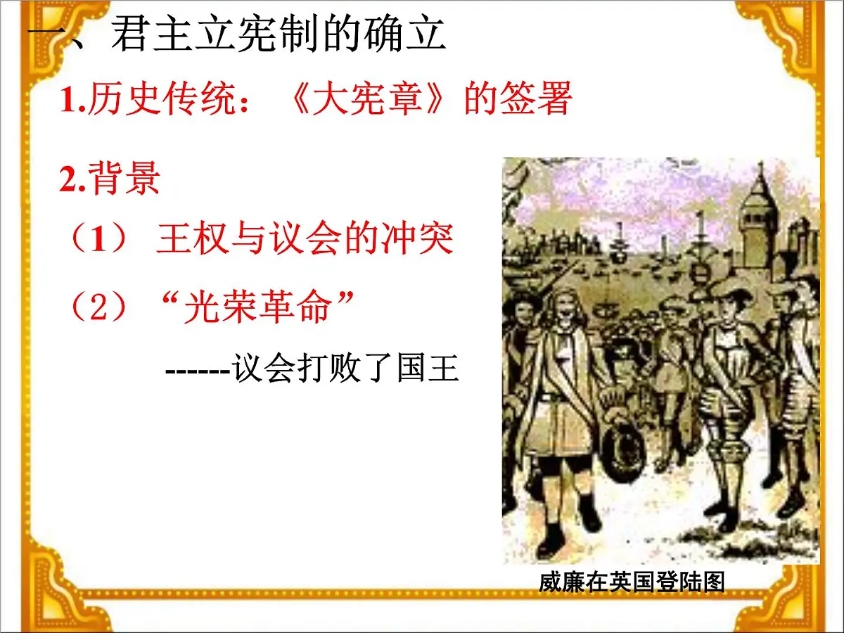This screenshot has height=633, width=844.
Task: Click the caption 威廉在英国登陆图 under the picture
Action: point(631,582)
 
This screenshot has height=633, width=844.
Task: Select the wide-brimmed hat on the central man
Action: point(724,286)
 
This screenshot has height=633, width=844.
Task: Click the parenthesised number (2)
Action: point(98,307)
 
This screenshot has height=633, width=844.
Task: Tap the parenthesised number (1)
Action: point(98,239)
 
